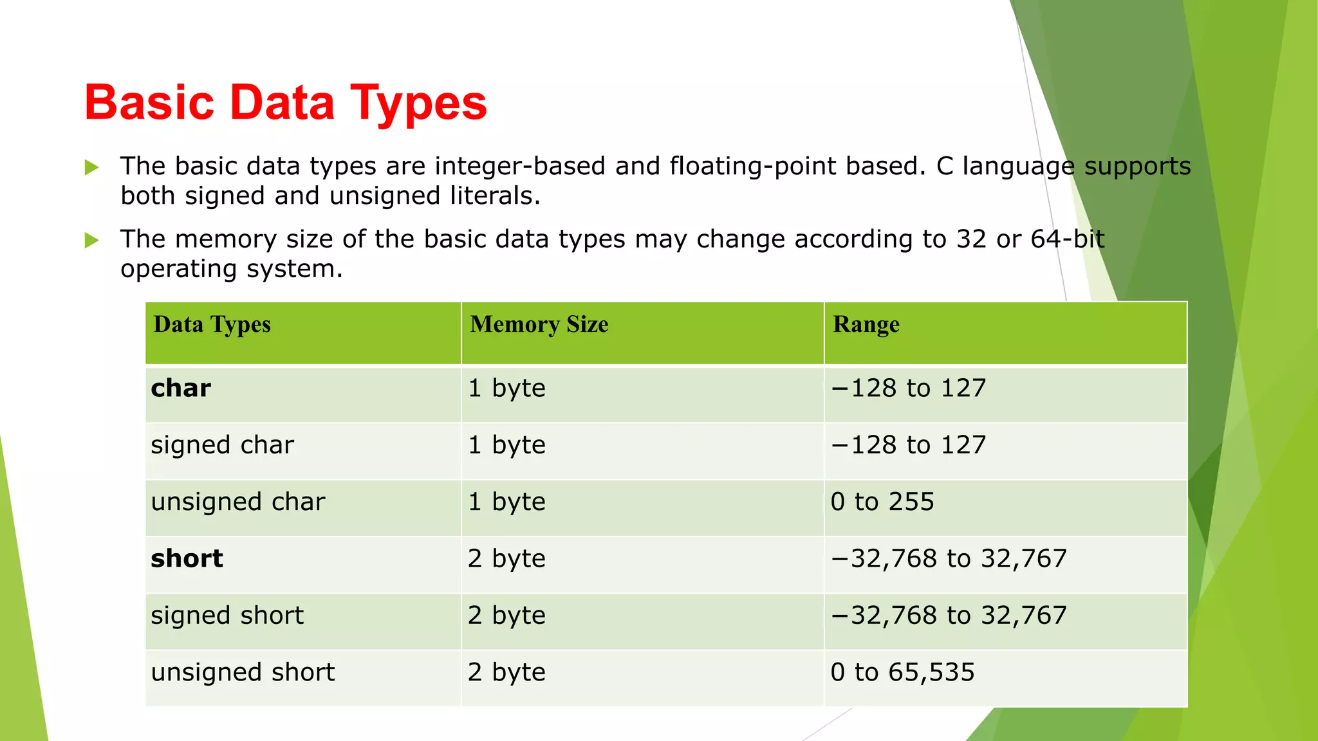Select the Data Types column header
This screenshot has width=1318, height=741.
click(212, 325)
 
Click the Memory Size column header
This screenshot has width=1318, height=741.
click(539, 325)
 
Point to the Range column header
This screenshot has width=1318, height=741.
click(866, 325)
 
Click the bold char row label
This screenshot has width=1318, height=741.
click(181, 389)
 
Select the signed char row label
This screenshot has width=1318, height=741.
click(222, 445)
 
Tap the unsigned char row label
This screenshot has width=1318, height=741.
click(237, 502)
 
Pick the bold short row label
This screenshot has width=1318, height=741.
click(187, 558)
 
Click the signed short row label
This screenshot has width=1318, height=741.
click(227, 616)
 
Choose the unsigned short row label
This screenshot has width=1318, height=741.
click(243, 672)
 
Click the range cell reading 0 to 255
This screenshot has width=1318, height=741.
click(882, 502)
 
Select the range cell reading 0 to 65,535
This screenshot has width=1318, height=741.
click(902, 672)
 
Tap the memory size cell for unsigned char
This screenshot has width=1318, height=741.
click(506, 502)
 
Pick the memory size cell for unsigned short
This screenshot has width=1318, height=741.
click(506, 672)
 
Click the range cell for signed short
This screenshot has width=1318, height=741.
click(949, 616)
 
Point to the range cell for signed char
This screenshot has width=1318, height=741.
click(908, 445)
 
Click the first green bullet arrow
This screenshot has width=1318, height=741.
click(92, 168)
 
